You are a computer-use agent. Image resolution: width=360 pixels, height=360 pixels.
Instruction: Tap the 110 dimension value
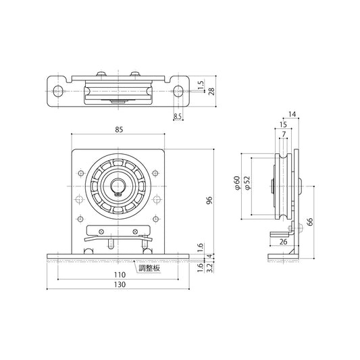tap(118, 275)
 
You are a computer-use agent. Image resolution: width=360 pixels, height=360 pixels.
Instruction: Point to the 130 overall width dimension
tap(118, 286)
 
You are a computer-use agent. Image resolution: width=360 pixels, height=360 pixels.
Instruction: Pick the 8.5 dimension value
tap(178, 117)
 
